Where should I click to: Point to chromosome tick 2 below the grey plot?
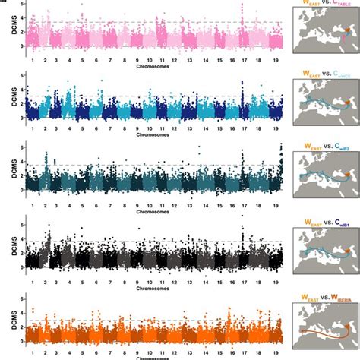tap(47, 273)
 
